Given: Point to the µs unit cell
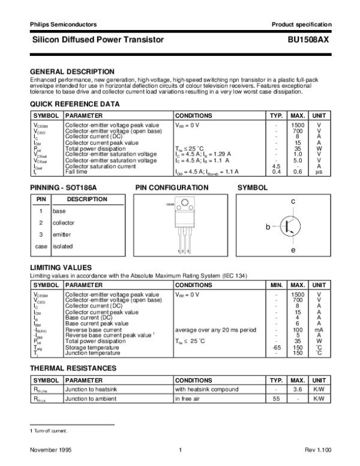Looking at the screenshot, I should [x=319, y=172].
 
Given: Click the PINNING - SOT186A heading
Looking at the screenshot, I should [x=63, y=188].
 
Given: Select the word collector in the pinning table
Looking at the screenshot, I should [x=64, y=223].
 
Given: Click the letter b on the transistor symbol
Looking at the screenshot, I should [x=269, y=228].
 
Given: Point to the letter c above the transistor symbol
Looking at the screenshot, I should [x=293, y=202].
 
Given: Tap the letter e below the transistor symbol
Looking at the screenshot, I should [x=293, y=249].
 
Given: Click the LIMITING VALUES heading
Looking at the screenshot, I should [x=61, y=267].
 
